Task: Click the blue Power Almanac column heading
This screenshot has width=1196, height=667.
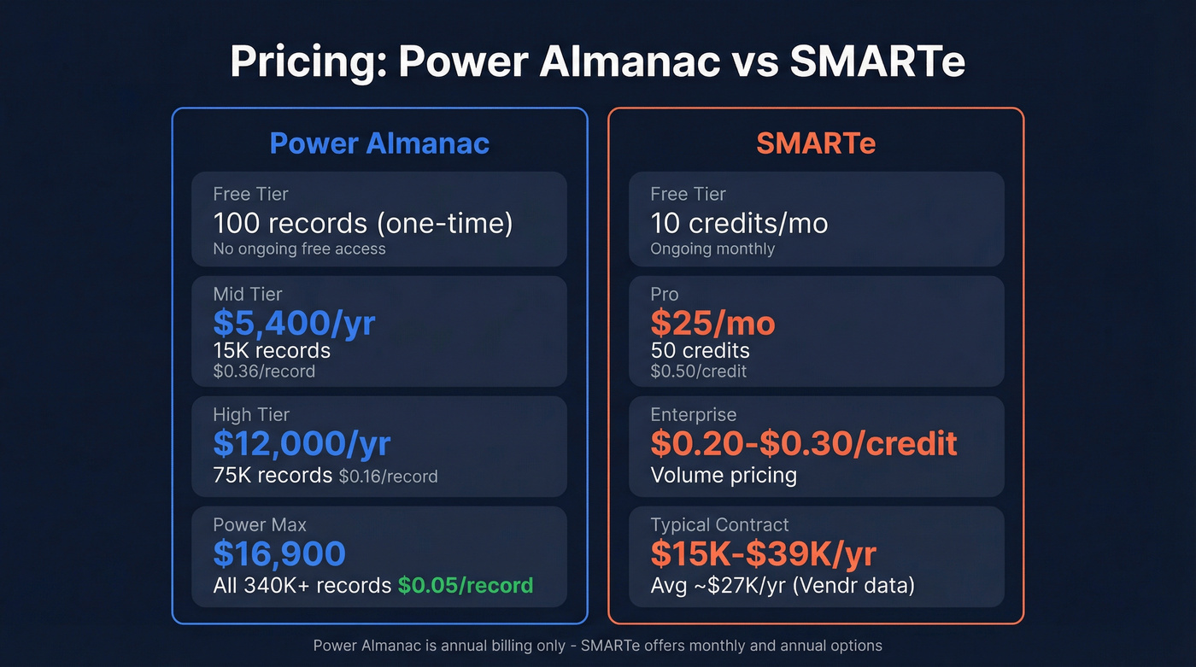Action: point(379,143)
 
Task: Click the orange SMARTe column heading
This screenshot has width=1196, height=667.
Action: point(815,143)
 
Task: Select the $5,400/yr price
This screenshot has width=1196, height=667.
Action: point(294,323)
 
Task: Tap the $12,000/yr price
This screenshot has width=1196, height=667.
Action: point(302,443)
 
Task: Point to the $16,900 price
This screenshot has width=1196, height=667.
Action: point(279,553)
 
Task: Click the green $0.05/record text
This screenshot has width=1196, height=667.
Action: point(466,585)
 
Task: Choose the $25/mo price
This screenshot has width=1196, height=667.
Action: point(712,323)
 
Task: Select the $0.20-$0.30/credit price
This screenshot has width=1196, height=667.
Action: point(803,443)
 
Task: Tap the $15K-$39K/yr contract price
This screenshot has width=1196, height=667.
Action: point(763,553)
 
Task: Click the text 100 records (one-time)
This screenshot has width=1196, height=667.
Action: point(363,223)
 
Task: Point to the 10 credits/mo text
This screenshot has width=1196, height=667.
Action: point(739,223)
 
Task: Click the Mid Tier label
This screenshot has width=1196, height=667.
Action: point(248,294)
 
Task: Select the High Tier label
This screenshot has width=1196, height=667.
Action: point(251,414)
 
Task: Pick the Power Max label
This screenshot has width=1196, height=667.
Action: point(260,524)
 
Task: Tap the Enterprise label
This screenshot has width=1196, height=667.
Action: point(693,414)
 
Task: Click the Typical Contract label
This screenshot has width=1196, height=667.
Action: point(719,524)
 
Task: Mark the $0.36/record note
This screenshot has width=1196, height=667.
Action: point(264,372)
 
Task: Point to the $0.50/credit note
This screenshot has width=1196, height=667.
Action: point(698,372)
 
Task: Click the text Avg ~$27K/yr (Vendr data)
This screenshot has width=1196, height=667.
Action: point(783,586)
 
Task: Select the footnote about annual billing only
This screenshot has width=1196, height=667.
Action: point(597,646)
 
